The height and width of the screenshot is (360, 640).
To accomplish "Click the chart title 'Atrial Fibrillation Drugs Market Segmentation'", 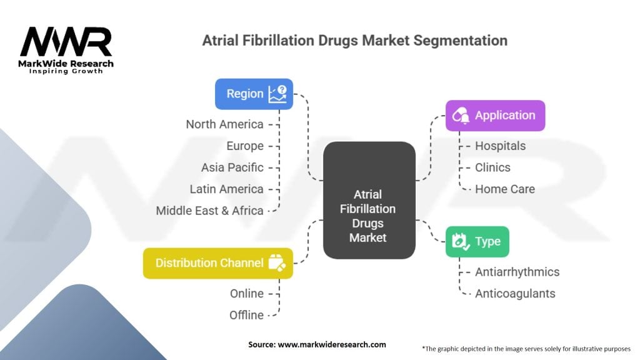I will click(354, 41).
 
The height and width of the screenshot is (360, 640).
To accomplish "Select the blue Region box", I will click(254, 94).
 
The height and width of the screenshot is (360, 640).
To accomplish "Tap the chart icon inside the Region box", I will click(277, 94).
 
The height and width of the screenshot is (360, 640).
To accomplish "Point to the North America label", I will click(224, 124).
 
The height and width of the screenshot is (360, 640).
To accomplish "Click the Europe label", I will click(245, 146).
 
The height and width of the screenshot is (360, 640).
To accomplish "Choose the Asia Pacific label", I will click(232, 167).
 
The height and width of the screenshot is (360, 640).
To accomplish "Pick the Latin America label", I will click(226, 189).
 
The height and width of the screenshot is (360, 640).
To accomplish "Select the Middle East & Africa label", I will click(209, 211).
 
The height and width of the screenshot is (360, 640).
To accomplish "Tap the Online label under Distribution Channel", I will click(246, 294).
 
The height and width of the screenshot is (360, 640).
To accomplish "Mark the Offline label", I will click(246, 315).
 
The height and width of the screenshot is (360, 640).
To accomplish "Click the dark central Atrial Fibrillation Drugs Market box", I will click(369, 201).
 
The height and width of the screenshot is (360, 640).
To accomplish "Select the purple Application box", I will click(495, 116).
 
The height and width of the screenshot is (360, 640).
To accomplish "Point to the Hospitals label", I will click(500, 146).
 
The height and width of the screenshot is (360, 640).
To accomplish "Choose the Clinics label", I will click(492, 167).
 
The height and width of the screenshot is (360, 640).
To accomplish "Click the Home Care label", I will click(504, 189).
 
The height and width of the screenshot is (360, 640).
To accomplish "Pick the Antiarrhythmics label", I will click(517, 272).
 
